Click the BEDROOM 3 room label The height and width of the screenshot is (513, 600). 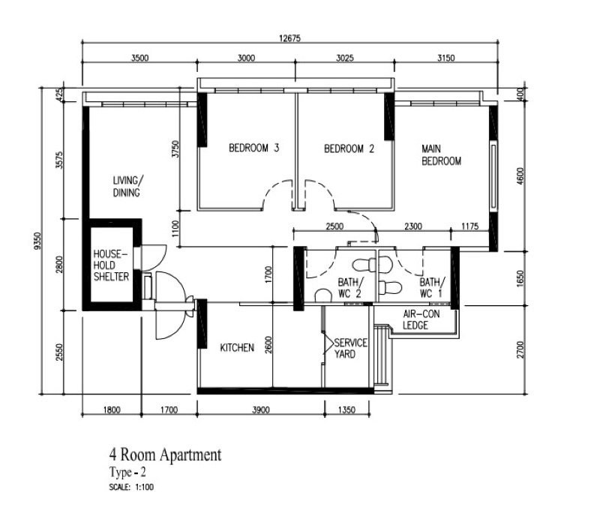[x=253, y=148]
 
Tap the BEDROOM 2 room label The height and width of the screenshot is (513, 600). [x=349, y=148]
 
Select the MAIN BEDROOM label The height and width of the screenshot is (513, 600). [x=441, y=154]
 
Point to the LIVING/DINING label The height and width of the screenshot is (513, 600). [x=127, y=186]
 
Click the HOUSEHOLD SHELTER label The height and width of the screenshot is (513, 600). [x=111, y=265]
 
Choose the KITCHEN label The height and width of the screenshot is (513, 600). [x=237, y=347]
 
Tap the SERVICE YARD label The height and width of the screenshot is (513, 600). [x=350, y=348]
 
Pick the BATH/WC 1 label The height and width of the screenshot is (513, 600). [x=431, y=287]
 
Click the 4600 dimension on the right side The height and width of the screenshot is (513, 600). [x=520, y=174]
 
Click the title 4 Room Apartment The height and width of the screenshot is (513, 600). [x=165, y=454]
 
